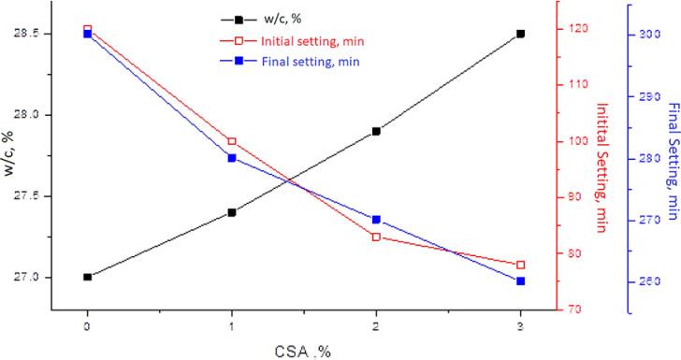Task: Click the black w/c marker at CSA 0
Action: coord(87,277)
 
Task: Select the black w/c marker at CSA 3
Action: coord(520,34)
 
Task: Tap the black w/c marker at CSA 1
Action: coord(232,212)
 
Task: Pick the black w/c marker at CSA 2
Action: coord(376,131)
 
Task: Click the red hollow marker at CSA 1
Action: coord(232,141)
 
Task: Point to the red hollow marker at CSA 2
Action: coord(376,237)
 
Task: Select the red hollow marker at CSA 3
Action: coord(520,265)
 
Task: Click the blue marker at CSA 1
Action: coord(232,158)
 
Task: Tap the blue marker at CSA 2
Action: coord(376,220)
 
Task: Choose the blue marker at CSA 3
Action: coord(520,281)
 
